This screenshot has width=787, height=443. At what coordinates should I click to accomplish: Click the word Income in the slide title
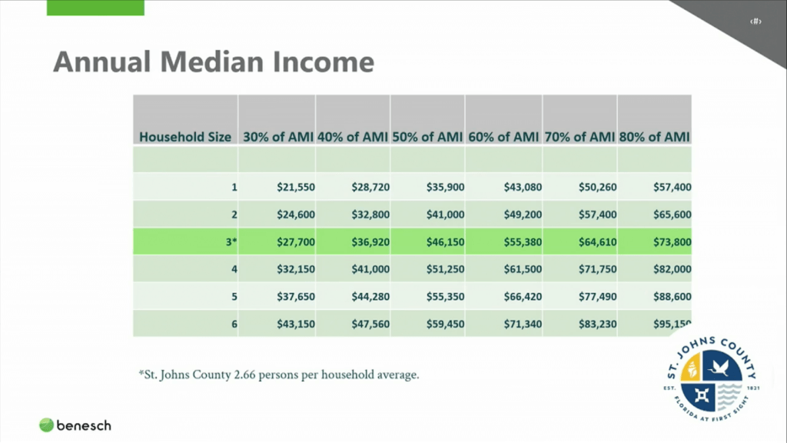coord(324,62)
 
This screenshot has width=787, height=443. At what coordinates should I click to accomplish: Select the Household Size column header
coord(185,137)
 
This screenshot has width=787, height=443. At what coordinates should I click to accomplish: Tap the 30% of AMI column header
coord(277,137)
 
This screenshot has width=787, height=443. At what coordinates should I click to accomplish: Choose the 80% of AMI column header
coord(655,137)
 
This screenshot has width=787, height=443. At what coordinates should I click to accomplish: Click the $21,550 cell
coord(296,187)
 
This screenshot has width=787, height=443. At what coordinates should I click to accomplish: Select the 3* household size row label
coord(231,241)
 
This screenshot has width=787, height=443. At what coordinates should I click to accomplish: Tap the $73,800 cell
coord(672,241)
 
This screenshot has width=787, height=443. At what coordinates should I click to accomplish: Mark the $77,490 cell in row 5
coord(597,296)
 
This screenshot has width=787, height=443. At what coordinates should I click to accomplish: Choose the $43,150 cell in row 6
coord(296,324)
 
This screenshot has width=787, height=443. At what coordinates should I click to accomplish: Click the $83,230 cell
coord(597,324)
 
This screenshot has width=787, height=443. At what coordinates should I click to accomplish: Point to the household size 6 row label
coord(234,324)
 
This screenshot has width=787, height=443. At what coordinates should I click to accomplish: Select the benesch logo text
coord(84,424)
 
